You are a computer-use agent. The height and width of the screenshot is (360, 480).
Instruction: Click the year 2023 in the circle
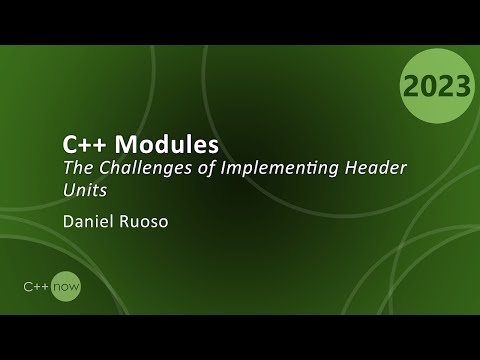pyautogui.click(x=437, y=87)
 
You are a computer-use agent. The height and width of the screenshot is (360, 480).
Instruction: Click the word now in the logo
pyautogui.click(x=69, y=286)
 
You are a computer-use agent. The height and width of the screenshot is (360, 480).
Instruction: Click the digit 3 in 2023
pyautogui.click(x=461, y=87)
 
